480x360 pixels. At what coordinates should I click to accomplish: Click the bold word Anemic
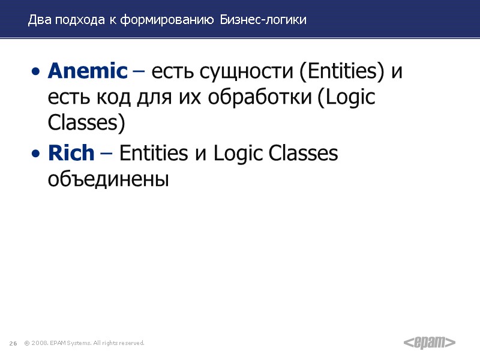pyautogui.click(x=88, y=71)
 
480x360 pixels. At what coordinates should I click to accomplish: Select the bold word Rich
pyautogui.click(x=71, y=154)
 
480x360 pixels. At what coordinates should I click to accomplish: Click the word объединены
pyautogui.click(x=108, y=179)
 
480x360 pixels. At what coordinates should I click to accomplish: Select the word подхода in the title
pyautogui.click(x=80, y=20)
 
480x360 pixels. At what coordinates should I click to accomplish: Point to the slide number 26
pyautogui.click(x=13, y=343)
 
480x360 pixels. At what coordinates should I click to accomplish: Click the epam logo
pyautogui.click(x=429, y=343)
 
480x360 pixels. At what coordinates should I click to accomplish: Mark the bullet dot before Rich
pyautogui.click(x=37, y=155)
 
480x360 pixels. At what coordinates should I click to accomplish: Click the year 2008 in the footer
pyautogui.click(x=41, y=343)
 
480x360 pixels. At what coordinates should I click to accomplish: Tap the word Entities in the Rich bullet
pyautogui.click(x=153, y=154)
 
